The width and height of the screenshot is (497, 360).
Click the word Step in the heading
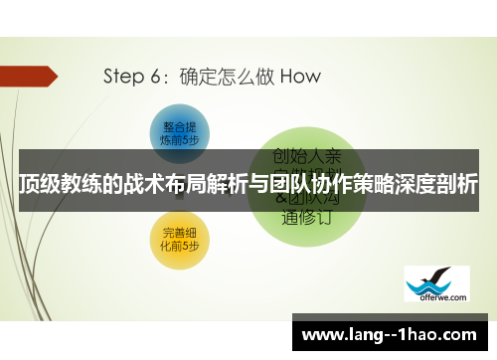point(124,76)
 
